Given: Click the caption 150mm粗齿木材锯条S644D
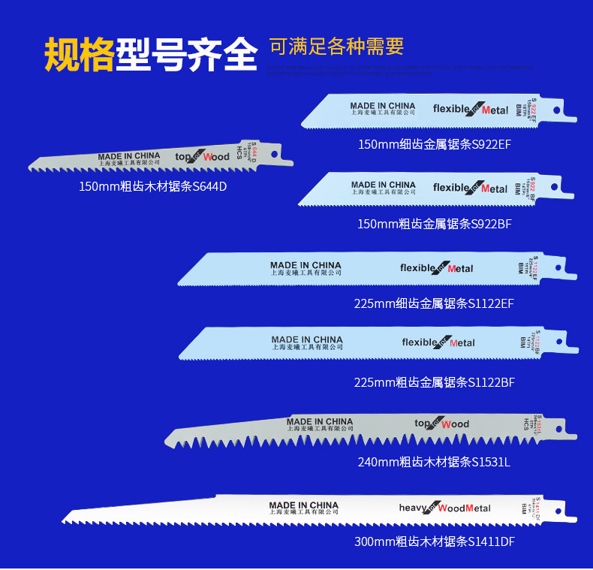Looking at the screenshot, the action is click(152, 186).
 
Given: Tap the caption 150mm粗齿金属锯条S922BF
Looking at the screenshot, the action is click(435, 224).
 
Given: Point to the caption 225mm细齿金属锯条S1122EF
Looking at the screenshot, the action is click(434, 303).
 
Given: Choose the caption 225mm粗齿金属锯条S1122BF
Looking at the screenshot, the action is click(434, 382).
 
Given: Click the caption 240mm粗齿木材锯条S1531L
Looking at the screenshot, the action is click(433, 462).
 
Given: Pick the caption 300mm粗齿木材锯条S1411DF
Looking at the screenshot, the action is click(434, 541).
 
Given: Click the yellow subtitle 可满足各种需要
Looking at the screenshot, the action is click(337, 47).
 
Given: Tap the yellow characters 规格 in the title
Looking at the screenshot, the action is click(79, 53).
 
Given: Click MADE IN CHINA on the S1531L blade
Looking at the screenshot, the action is click(319, 422).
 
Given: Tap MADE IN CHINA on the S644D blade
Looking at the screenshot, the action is click(129, 156).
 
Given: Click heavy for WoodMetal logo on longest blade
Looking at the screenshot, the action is click(444, 508).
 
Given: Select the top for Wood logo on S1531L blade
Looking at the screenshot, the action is click(441, 424).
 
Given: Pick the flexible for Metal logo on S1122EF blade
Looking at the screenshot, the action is click(437, 268).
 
